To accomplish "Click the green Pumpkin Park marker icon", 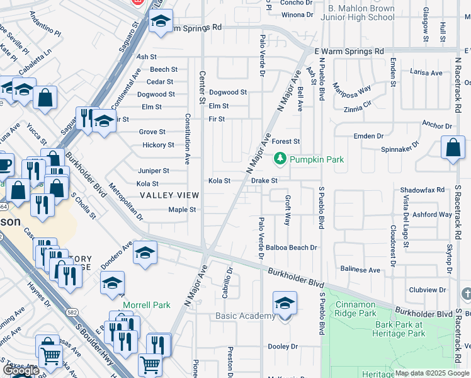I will (280, 159).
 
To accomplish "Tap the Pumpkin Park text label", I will (317, 159).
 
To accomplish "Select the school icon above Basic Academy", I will (285, 304).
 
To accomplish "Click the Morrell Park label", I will (146, 305).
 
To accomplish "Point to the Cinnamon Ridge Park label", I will (355, 309).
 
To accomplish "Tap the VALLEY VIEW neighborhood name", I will (167, 196).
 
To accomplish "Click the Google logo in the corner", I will (21, 370).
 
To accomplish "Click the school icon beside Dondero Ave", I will (145, 253).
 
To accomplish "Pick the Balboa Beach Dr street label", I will (290, 248).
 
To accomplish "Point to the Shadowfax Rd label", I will (422, 190).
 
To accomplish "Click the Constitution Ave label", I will (187, 139).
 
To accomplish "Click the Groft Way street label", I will (287, 210).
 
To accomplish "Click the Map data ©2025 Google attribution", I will (432, 374).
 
